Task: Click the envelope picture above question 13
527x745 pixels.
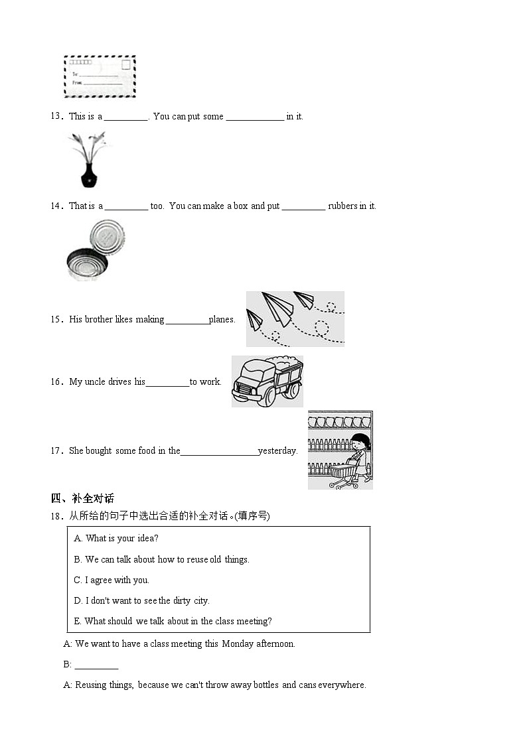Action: [x=100, y=77]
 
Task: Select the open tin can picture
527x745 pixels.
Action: [x=96, y=251]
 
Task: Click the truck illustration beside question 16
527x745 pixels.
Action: [x=266, y=381]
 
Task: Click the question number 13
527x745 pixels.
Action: [x=56, y=116]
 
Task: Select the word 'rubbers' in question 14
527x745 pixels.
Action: [x=342, y=206]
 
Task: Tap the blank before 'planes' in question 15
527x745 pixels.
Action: [x=187, y=320]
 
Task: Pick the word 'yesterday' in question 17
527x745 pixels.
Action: [x=277, y=451]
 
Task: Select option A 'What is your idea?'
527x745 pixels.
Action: [x=116, y=539]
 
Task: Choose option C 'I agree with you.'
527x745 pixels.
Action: [x=112, y=580]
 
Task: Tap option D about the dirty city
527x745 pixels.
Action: [x=141, y=601]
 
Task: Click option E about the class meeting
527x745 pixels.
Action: [x=173, y=622]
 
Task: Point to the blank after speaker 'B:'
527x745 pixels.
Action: [x=96, y=665]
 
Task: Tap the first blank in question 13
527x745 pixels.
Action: [x=126, y=117]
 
